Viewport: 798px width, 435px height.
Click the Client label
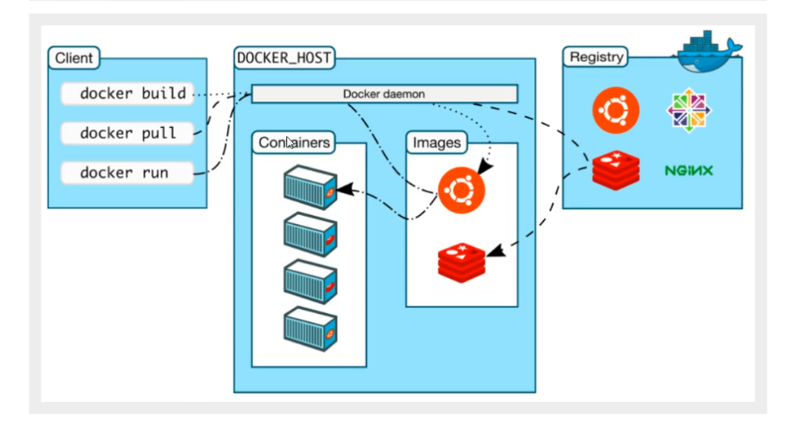tap(75, 58)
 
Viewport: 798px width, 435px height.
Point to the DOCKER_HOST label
tap(284, 58)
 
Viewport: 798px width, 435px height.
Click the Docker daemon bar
tap(384, 94)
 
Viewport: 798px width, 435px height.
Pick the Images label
tap(436, 143)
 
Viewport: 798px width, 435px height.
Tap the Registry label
tap(596, 58)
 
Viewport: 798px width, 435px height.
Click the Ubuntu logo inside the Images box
tap(462, 189)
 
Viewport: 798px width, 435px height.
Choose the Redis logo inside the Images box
tap(462, 262)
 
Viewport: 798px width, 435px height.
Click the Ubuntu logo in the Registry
tap(616, 111)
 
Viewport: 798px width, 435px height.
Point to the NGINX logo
tap(689, 170)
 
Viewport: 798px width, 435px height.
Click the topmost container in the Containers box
tap(310, 186)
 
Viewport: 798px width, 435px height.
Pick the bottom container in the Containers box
tap(310, 327)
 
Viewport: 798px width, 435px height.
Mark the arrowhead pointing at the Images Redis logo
tap(495, 251)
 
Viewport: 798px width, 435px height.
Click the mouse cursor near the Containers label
tap(291, 143)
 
